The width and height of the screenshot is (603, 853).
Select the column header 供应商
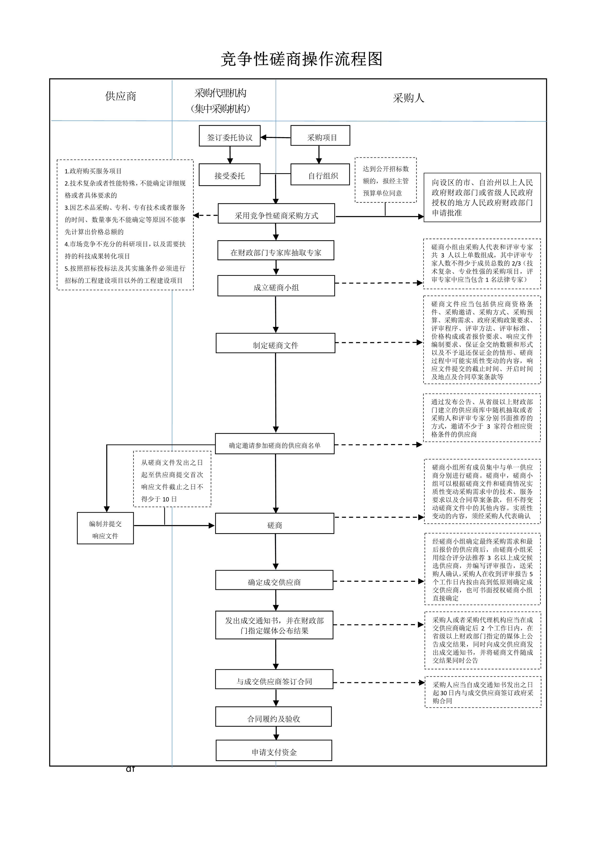[x=120, y=97]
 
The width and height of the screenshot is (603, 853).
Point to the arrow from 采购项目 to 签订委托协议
[x=275, y=137]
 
